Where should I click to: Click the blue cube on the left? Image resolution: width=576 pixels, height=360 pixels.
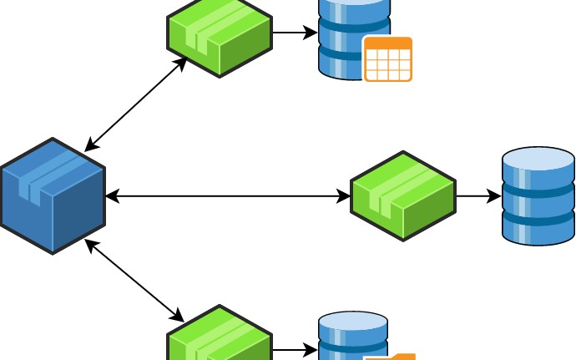pos(53,196)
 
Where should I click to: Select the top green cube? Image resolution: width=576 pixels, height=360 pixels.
pos(220,35)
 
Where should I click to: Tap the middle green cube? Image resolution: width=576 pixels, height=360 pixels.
pos(403,196)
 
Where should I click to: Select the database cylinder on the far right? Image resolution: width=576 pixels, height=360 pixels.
pos(538,197)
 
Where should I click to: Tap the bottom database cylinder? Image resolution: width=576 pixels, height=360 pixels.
pos(351,338)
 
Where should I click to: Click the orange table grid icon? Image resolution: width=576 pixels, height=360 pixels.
pos(388,59)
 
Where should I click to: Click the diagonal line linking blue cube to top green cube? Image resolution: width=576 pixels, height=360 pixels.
pos(135,104)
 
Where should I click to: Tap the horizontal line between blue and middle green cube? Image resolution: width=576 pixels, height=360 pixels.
pos(227,197)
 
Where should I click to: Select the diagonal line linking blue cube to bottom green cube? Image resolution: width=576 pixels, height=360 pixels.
pos(135,281)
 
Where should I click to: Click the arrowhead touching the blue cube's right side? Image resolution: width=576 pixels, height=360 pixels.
pos(112,197)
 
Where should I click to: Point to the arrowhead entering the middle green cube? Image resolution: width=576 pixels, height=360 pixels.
pos(344,197)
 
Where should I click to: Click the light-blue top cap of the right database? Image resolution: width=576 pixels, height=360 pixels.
pos(538,159)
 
